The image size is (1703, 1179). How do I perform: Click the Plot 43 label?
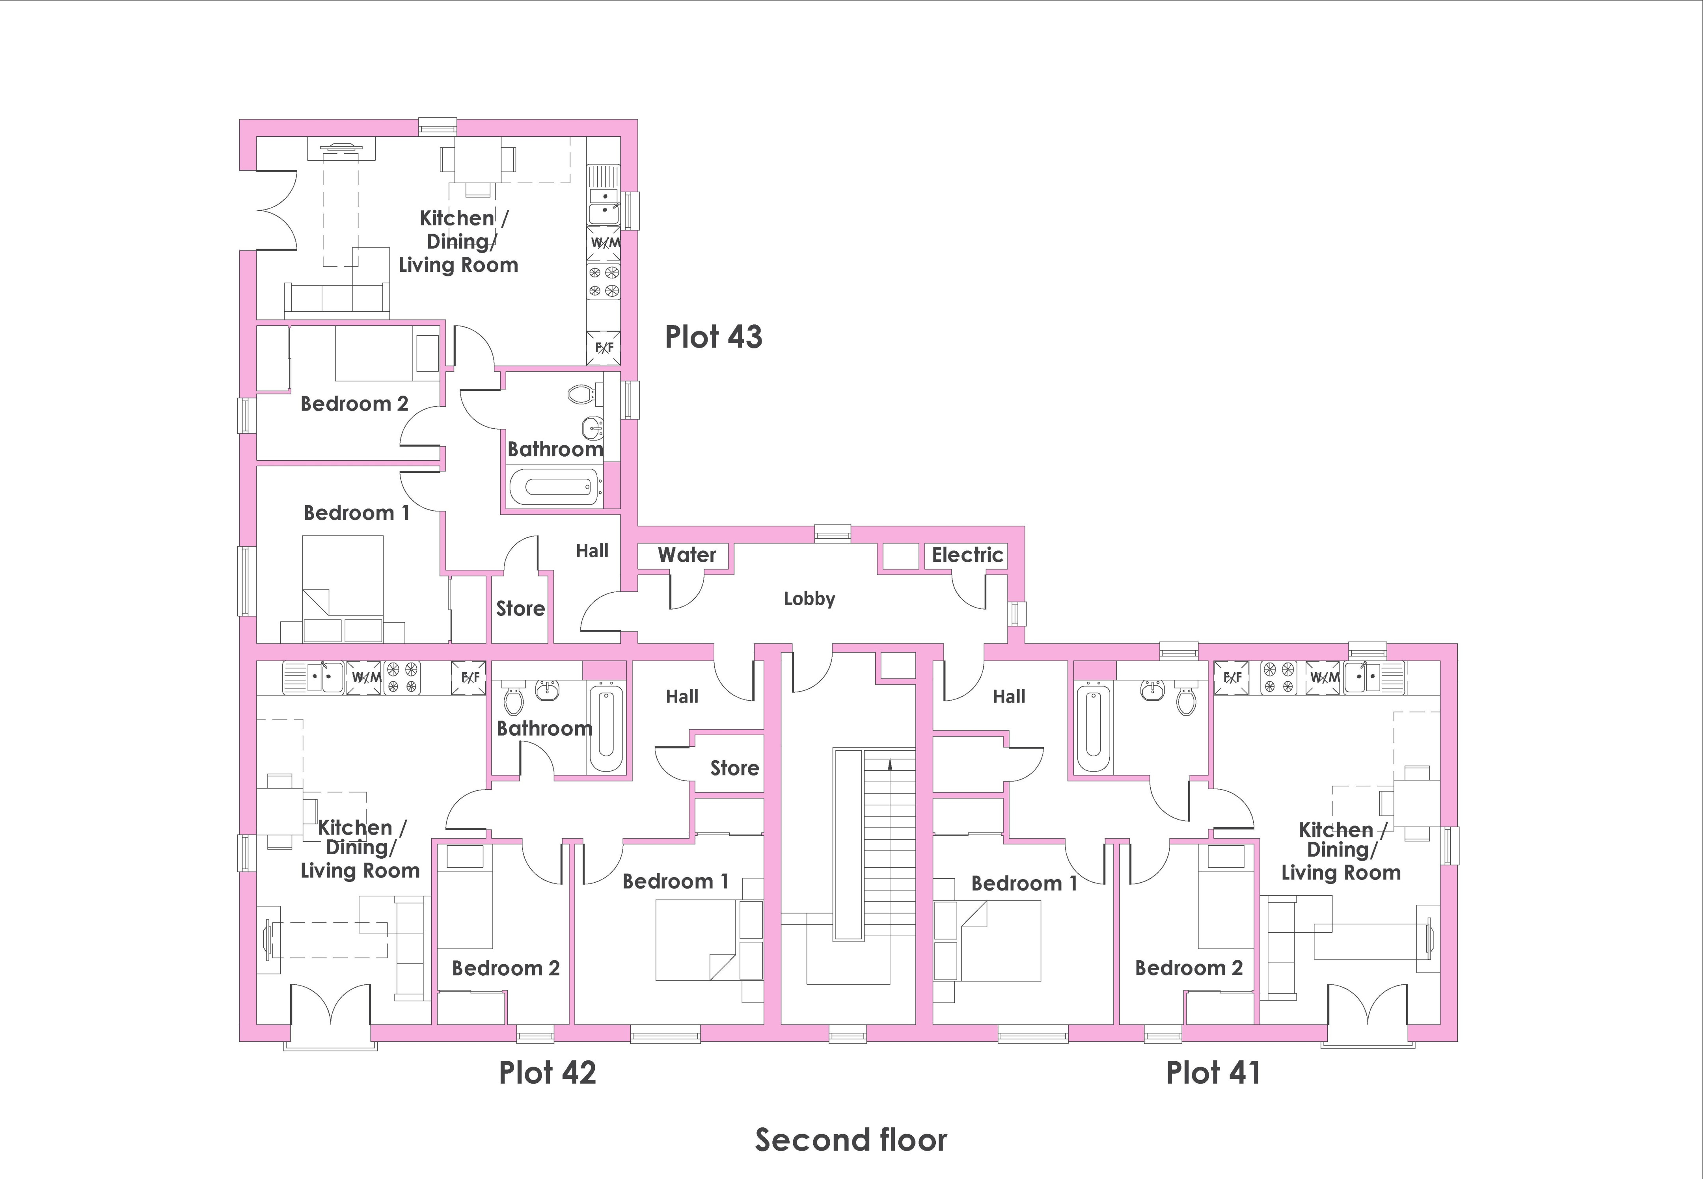coord(713,337)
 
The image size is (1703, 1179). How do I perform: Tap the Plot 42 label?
coord(547,1073)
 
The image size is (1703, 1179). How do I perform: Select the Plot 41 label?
coord(1213,1073)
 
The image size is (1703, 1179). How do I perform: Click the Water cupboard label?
coord(687,555)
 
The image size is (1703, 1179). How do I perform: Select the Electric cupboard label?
coord(967,555)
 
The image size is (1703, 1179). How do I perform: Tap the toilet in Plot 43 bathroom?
coord(584,394)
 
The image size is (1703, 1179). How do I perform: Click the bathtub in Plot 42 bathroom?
coord(606,727)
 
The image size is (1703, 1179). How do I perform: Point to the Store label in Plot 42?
coord(734,768)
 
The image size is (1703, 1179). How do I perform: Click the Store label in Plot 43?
coord(520,609)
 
